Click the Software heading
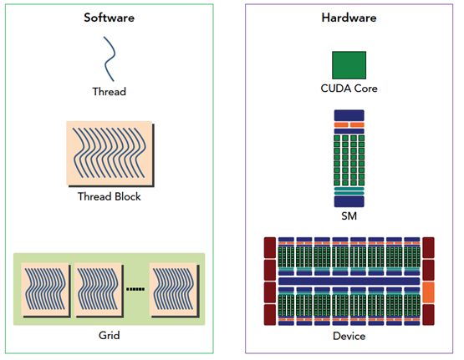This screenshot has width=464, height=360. coord(109,18)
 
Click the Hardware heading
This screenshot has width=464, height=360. coord(349,18)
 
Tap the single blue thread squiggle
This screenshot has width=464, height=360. coord(110,58)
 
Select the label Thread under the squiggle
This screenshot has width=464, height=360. coord(110,92)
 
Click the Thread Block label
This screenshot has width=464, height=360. coord(110,196)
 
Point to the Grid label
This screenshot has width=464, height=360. coord(110,336)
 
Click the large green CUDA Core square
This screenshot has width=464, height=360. coord(349,65)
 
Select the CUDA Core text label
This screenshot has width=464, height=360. coord(349,89)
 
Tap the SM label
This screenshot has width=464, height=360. coord(349,216)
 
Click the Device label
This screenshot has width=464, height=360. coord(349,336)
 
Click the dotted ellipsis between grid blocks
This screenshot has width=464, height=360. coord(135,289)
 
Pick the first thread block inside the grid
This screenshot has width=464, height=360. coord(46,290)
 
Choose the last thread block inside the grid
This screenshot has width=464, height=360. coord(174,290)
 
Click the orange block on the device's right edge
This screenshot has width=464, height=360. coord(428,292)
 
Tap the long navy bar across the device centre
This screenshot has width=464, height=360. coord(349,281)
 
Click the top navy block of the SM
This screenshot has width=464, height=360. coord(349,115)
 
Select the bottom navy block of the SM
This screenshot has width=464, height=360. coord(349,201)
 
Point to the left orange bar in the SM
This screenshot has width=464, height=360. coord(341,124)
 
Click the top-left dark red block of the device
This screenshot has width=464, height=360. coord(270,248)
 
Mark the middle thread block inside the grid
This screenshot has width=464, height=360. coord(99,290)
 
